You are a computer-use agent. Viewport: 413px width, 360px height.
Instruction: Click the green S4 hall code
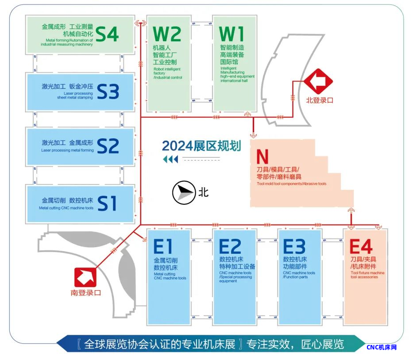(107, 34)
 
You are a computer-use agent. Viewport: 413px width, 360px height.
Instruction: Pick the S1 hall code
(107, 204)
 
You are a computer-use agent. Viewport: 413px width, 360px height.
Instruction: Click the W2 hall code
(167, 34)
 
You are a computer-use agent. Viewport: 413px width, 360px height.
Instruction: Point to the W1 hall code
(232, 34)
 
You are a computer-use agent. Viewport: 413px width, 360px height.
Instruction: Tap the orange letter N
(262, 157)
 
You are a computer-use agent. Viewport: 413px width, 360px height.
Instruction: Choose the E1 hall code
(163, 247)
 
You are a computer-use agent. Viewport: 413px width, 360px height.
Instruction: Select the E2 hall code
(230, 247)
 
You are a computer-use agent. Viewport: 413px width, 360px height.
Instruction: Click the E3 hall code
(294, 247)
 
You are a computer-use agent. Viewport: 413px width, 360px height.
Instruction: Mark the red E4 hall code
(361, 247)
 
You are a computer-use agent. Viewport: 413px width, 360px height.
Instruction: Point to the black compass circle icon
(183, 192)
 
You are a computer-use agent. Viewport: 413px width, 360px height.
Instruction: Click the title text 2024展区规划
(201, 146)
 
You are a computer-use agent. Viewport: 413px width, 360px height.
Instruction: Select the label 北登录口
(320, 100)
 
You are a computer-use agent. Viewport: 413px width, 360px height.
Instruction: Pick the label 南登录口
(86, 292)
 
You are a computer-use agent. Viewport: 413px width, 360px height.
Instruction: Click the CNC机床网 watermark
(382, 347)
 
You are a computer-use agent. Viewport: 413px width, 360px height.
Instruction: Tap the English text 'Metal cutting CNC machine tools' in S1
(66, 208)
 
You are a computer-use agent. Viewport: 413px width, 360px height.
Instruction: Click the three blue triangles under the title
(170, 159)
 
